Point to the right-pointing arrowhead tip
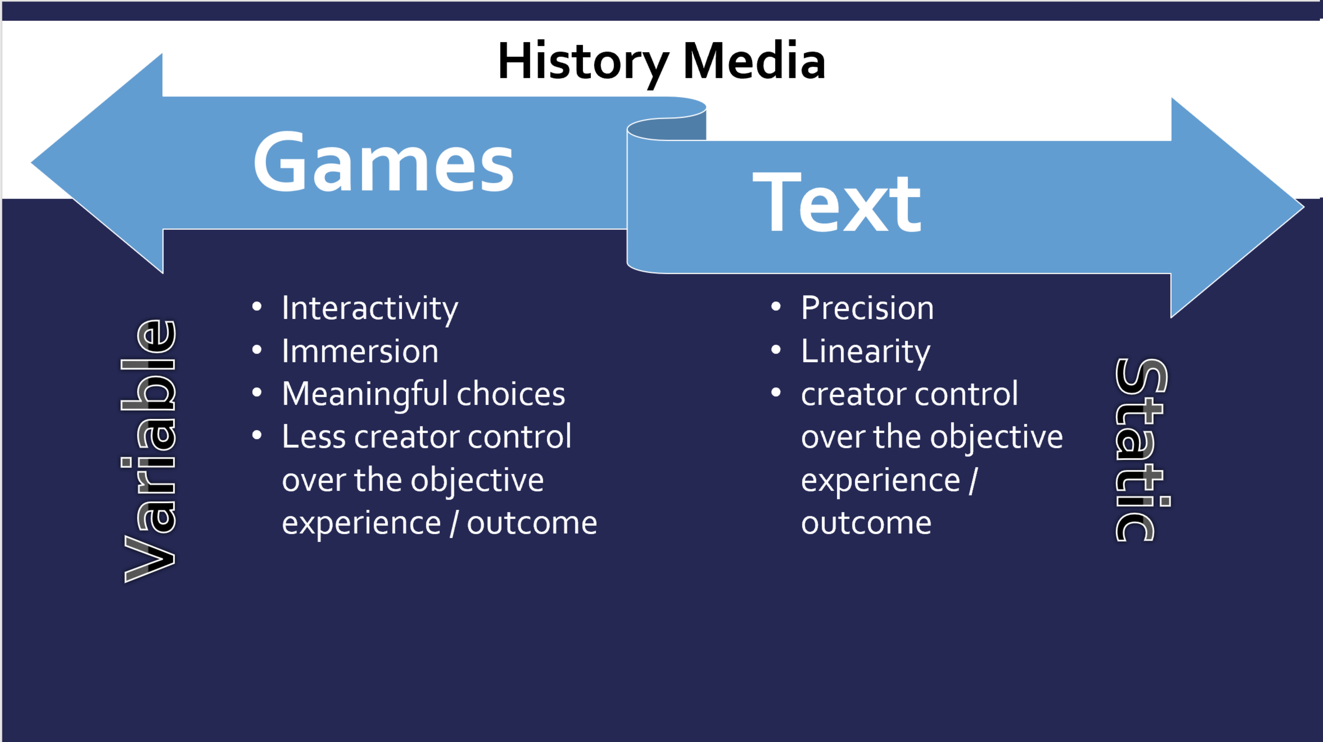click(x=1304, y=207)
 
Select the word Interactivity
click(x=370, y=308)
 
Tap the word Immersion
click(x=360, y=352)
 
